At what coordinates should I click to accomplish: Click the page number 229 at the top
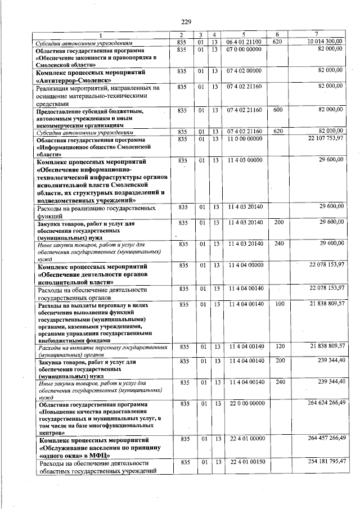tap(186, 21)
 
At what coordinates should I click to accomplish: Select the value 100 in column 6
tap(277, 304)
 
